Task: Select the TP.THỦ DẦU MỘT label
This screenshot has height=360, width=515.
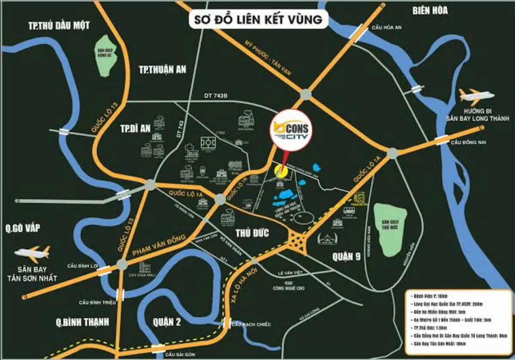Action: [59, 25]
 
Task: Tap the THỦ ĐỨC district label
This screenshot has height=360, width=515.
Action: [252, 233]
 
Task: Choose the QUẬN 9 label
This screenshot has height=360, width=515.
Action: [348, 257]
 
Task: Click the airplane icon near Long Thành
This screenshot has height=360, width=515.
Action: [476, 95]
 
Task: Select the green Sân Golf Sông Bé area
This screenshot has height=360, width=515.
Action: [105, 56]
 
